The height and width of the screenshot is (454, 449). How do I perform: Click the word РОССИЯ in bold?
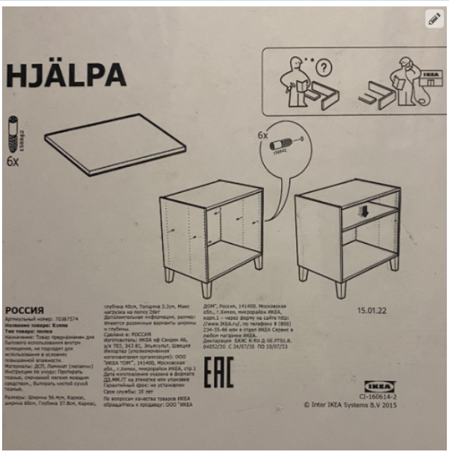click(25, 310)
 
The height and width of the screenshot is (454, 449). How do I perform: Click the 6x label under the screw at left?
click(12, 161)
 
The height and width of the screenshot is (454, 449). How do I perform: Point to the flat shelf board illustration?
click(114, 144)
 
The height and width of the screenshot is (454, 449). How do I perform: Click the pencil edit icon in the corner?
click(433, 19)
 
